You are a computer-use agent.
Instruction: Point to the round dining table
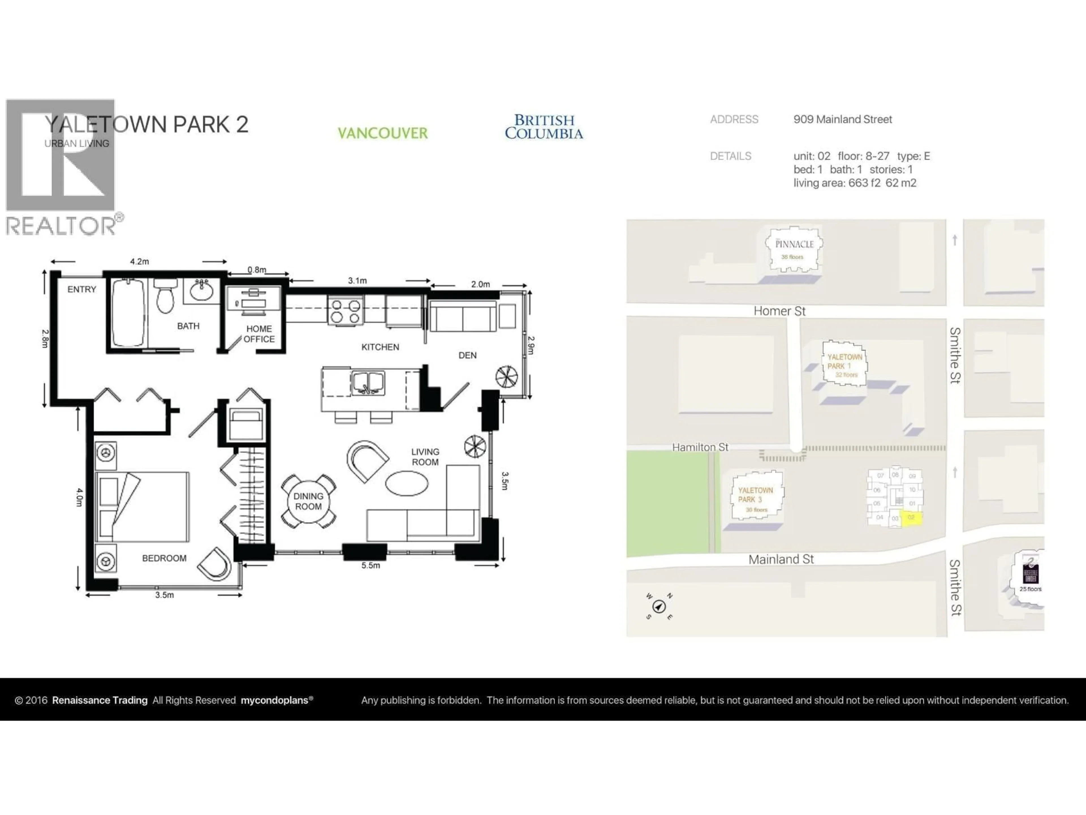pos(308,501)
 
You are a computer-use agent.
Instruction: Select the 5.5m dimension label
pos(371,565)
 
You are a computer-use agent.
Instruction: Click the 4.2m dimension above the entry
pos(139,261)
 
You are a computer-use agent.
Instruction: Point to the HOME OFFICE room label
pos(259,334)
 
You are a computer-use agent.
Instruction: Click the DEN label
pos(467,355)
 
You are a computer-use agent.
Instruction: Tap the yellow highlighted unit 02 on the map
pos(911,518)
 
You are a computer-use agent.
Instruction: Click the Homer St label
pos(780,311)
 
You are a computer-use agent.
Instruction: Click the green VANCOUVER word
pos(382,133)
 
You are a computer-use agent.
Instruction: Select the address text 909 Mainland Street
pos(842,119)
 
